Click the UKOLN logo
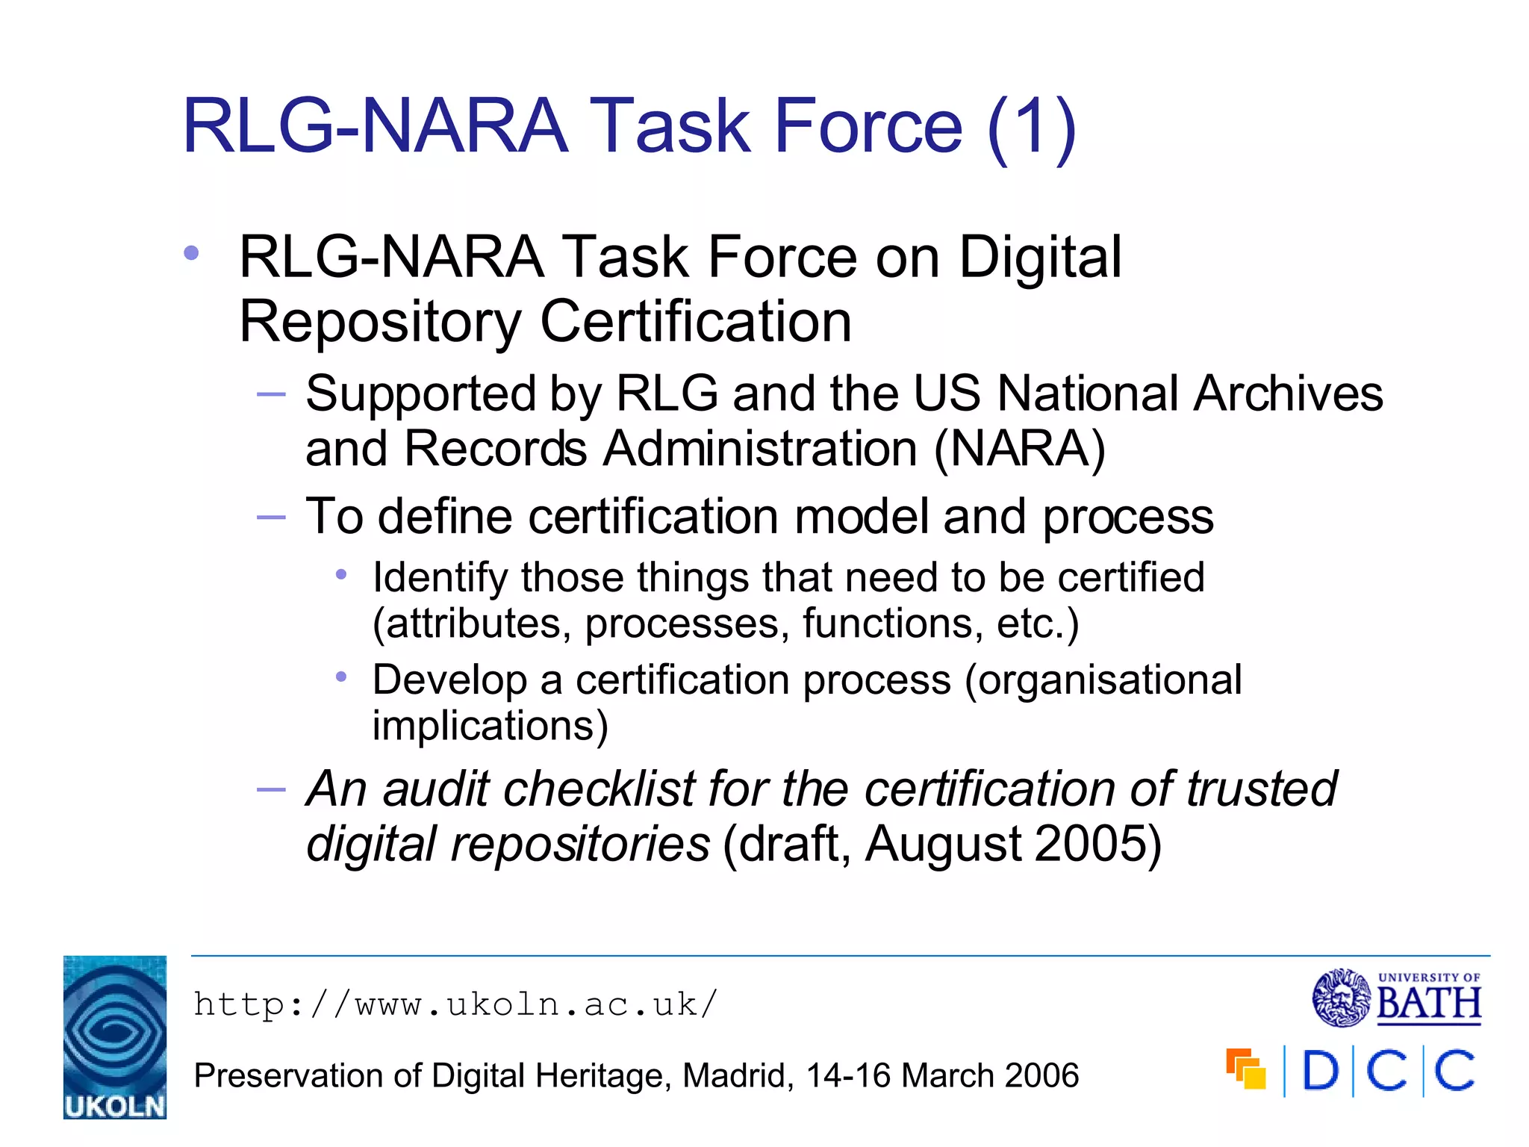(x=114, y=1036)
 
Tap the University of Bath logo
(x=1397, y=998)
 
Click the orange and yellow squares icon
(x=1245, y=1069)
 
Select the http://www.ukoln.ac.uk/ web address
(x=455, y=1004)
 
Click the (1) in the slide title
(x=1031, y=127)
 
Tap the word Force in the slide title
(x=868, y=127)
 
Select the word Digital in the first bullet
(x=1040, y=257)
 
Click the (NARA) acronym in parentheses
(x=1019, y=449)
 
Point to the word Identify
(x=440, y=578)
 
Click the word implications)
(x=491, y=726)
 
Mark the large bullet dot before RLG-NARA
(x=191, y=253)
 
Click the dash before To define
(x=270, y=517)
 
